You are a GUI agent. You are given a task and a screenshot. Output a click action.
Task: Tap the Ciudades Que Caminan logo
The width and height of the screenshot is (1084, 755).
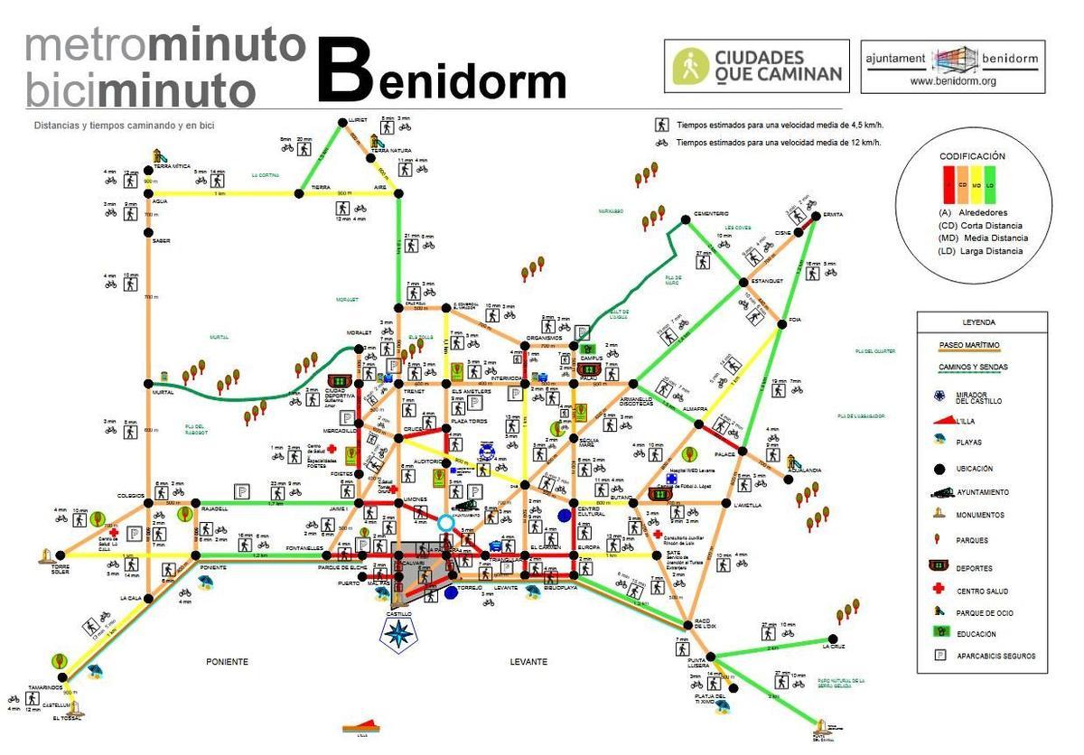point(756,65)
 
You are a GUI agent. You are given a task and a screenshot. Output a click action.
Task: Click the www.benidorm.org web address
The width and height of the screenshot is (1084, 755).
point(952,80)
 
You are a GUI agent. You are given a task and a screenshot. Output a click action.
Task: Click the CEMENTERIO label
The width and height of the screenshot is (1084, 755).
point(710,213)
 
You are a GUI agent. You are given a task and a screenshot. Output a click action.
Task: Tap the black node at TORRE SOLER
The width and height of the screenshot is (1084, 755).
point(61,555)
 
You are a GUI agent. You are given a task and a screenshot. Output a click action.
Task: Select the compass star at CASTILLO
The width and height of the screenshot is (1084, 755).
point(397,632)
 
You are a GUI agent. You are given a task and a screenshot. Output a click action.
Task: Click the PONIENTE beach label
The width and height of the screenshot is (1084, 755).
point(226,661)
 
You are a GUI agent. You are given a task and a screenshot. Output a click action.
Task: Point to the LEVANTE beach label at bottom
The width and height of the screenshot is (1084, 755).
point(528,661)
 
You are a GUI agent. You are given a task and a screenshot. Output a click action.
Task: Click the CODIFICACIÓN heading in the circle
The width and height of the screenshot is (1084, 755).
point(972,156)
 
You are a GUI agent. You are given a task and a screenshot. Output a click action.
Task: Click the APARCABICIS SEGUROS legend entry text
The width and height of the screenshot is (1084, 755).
point(995,656)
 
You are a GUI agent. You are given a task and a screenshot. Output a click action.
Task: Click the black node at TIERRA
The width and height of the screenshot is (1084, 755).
point(299,193)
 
